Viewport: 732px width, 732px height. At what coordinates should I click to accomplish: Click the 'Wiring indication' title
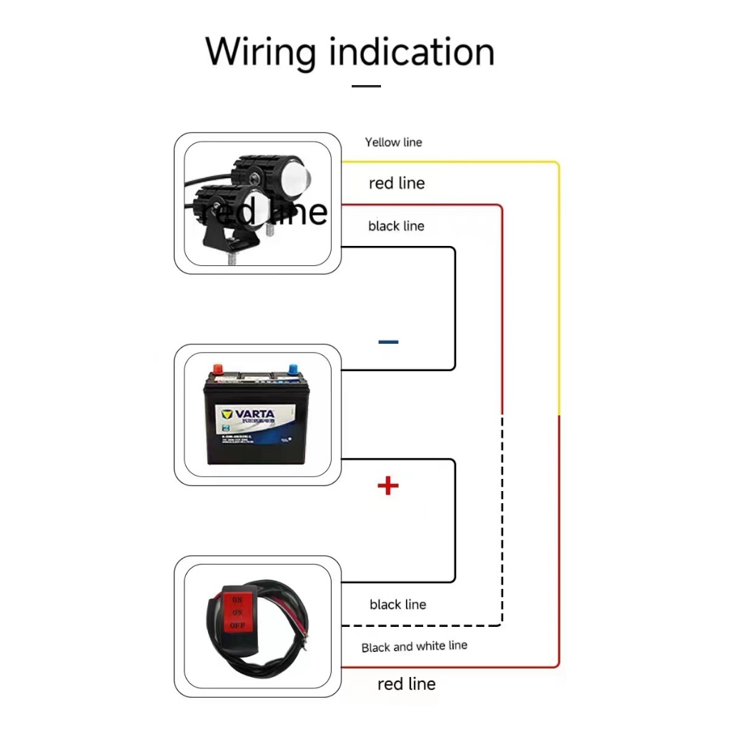[350, 52]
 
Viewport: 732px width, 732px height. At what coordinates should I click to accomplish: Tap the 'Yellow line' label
[393, 142]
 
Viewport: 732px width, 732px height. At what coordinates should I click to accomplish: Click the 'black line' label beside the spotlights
[396, 226]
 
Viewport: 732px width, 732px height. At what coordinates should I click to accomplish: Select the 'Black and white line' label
[414, 646]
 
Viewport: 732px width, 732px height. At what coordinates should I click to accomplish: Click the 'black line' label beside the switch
[397, 605]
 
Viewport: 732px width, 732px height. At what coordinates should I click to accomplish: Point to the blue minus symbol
[388, 342]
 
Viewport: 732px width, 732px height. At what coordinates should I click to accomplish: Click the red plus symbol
[387, 486]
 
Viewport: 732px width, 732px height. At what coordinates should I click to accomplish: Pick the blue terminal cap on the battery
[292, 370]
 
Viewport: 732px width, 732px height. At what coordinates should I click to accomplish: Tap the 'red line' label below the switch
[406, 684]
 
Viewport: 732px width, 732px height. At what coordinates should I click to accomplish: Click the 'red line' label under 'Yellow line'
[397, 184]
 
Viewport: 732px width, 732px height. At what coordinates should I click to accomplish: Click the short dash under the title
[366, 86]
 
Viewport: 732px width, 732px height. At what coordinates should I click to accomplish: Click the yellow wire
[558, 286]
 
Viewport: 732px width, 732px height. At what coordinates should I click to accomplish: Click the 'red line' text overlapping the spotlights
[264, 212]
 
